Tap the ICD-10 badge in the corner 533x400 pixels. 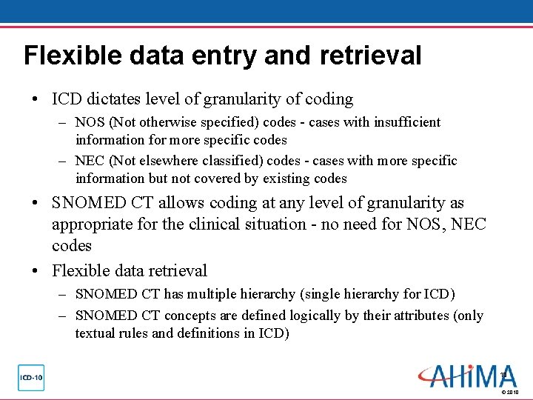coord(31,378)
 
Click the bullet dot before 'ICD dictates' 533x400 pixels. coord(36,99)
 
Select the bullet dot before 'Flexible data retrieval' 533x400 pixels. coord(36,271)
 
